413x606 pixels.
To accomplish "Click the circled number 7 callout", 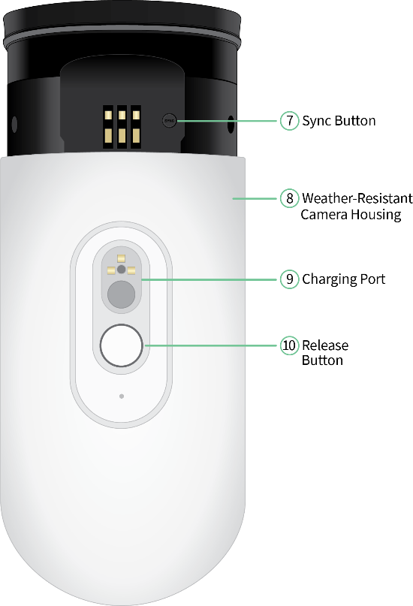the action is [289, 121].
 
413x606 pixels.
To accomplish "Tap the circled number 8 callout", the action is [289, 198].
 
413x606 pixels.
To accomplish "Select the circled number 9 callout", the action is [289, 279].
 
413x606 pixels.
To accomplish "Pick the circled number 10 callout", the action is [289, 345].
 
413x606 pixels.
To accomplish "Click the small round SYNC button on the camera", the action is [169, 121].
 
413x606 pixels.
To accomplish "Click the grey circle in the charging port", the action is [122, 294].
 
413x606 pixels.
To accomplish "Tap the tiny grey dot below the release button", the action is [122, 396].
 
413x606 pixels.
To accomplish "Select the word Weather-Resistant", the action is [357, 198].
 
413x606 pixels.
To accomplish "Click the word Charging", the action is [329, 279].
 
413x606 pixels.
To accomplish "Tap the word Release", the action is [325, 345].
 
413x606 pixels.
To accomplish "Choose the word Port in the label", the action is [372, 279].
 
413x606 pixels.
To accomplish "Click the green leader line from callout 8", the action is [256, 199].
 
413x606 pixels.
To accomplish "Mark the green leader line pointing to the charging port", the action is [210, 279].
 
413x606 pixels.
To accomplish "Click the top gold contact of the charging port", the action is [122, 258].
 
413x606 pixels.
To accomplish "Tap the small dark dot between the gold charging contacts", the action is [122, 270].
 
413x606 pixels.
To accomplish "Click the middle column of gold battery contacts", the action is [122, 127].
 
